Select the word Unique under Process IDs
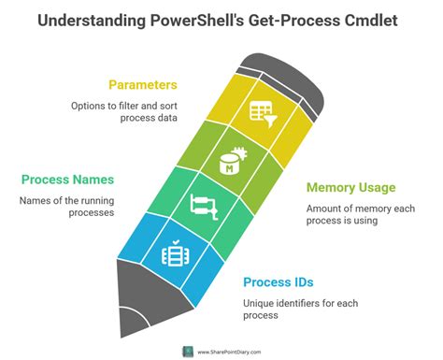tap(262, 304)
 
